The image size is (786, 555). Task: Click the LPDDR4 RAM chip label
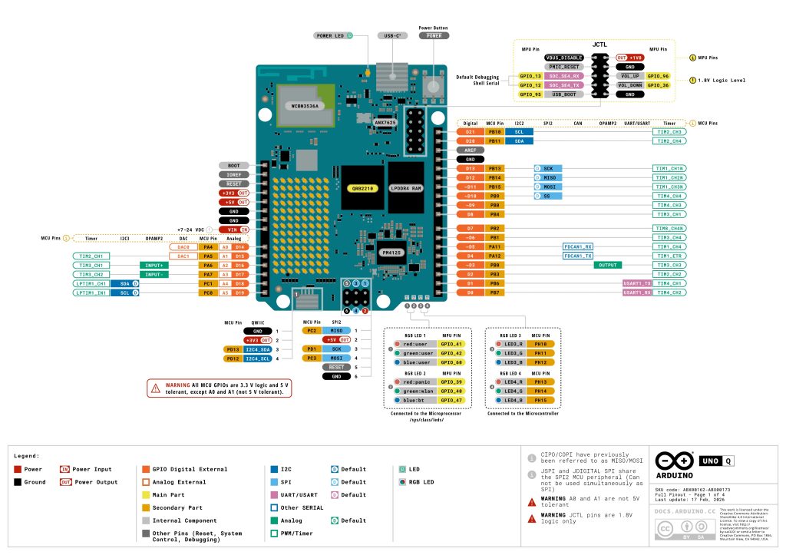tap(405, 187)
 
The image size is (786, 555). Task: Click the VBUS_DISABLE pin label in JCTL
tap(564, 58)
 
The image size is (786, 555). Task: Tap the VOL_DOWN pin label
tap(629, 85)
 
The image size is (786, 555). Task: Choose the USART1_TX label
tap(637, 283)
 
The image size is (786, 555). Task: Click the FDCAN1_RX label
tap(578, 246)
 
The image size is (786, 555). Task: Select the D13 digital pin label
tap(471, 168)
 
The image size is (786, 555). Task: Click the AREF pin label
tap(471, 150)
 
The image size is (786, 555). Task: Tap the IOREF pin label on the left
tap(234, 174)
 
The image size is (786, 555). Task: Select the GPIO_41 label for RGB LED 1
tap(451, 345)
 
